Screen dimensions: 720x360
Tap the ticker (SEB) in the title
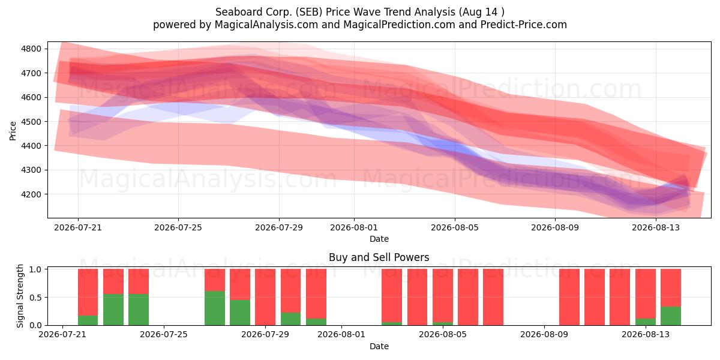(309, 12)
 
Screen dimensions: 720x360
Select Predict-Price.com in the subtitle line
(524, 25)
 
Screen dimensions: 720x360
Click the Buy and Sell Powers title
(379, 257)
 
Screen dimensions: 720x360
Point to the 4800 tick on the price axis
(31, 49)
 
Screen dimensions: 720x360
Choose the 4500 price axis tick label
(31, 121)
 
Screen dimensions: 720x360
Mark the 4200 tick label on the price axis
(31, 194)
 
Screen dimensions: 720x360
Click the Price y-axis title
(13, 131)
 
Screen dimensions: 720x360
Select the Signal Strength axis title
(20, 296)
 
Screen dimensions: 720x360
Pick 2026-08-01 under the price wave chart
(354, 227)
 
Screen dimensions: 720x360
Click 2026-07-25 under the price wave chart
(178, 227)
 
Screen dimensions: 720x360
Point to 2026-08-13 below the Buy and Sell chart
(646, 334)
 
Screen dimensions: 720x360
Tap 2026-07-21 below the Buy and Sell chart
(62, 334)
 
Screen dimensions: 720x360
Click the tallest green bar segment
(215, 308)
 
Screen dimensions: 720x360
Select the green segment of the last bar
(671, 316)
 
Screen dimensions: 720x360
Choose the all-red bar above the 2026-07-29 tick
(265, 297)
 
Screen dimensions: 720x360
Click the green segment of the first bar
(88, 320)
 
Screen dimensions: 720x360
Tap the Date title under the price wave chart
(379, 239)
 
